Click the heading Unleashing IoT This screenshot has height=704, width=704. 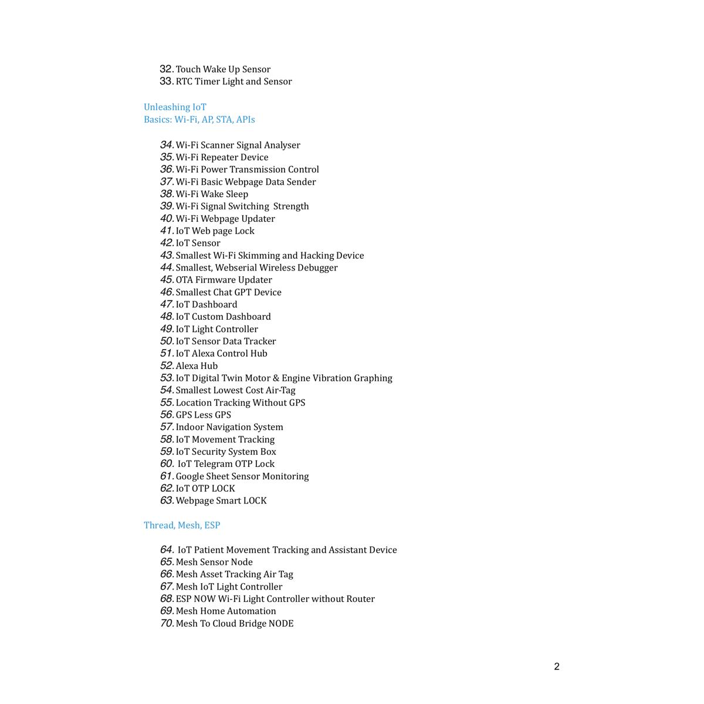click(175, 107)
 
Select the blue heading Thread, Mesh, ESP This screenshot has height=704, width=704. click(182, 525)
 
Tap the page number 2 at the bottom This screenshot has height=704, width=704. click(557, 666)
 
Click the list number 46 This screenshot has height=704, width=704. click(167, 292)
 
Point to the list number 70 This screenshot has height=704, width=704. click(167, 623)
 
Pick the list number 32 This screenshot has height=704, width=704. click(167, 69)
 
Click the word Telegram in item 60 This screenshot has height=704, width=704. click(215, 464)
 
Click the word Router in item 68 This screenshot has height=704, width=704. click(360, 599)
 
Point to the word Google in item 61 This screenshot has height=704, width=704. click(189, 476)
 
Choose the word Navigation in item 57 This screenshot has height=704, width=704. click(228, 427)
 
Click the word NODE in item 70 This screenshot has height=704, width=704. click(281, 624)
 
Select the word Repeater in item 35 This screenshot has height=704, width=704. click(219, 157)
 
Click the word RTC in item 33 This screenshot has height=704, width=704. click(184, 82)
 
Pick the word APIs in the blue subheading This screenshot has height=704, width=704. click(245, 120)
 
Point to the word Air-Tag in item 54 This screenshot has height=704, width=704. click(281, 391)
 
